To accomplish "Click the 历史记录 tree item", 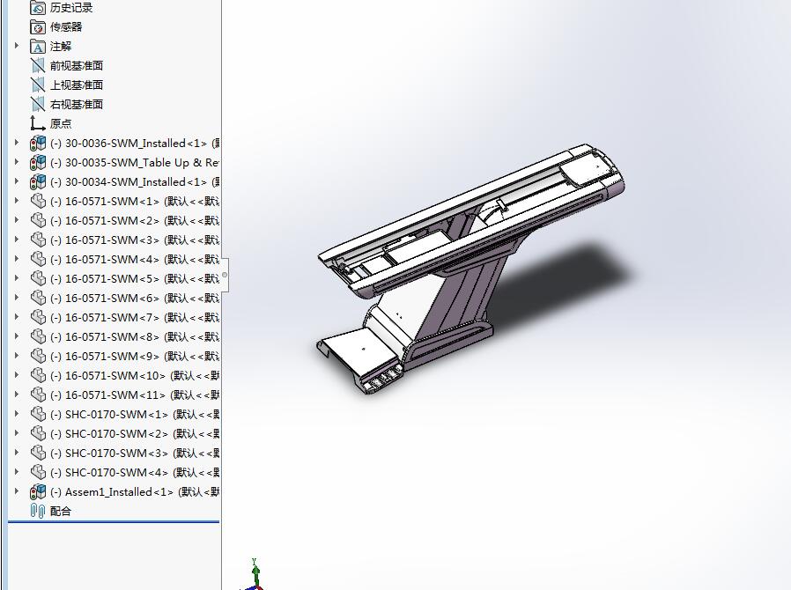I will (70, 8).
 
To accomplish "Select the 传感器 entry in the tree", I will (66, 27).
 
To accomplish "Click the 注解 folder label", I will (61, 47).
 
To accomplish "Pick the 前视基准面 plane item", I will (77, 66).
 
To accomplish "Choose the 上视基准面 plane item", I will (77, 85).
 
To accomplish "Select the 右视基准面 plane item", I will (77, 105).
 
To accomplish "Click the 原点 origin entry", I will (61, 124).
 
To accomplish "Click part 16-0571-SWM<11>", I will (115, 395).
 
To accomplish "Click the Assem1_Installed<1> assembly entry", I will (120, 492).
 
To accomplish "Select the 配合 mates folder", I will (61, 512).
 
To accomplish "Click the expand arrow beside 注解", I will (17, 47).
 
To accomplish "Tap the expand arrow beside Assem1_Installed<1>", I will (17, 492).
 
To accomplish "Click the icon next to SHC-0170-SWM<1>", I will (38, 415).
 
